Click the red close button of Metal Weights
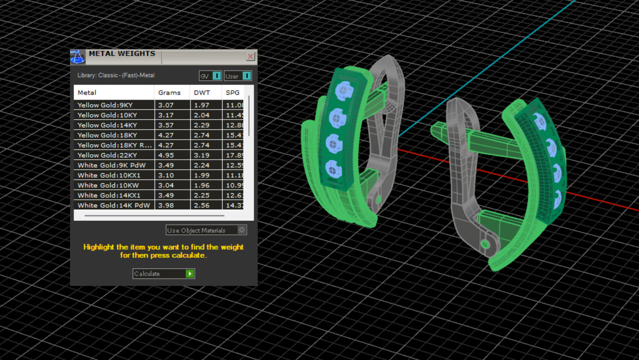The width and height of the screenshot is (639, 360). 251,57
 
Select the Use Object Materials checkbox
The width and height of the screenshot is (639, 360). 242,230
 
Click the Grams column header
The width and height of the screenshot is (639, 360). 169,93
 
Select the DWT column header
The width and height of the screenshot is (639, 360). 202,93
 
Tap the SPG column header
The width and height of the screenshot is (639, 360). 233,93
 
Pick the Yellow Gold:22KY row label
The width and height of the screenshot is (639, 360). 107,155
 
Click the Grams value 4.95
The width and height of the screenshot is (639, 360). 166,155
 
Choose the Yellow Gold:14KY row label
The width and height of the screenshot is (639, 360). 107,125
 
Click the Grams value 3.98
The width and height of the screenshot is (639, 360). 166,205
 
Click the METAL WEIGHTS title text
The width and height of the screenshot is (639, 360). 122,54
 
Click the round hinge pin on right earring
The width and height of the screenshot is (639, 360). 485,244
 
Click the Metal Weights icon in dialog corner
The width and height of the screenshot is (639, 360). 78,57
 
